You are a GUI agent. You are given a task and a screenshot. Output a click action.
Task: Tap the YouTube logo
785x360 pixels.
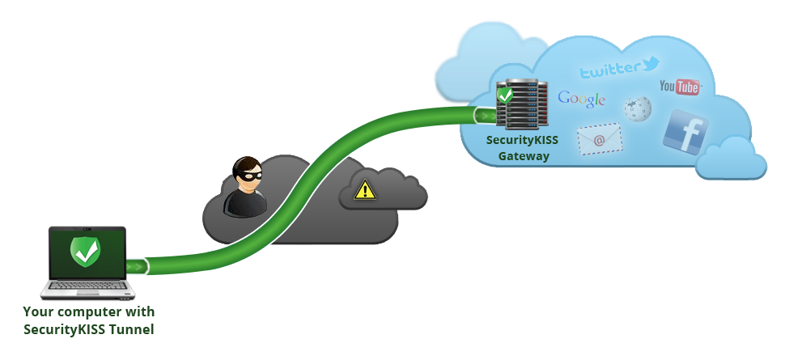pos(679,87)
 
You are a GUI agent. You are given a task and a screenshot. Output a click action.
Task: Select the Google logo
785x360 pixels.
pos(581,99)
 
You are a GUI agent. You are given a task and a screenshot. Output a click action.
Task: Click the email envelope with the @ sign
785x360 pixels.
pos(599,139)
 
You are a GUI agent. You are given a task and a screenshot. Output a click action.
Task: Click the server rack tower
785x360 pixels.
pos(523,105)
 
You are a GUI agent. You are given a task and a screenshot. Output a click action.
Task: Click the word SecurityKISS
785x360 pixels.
pos(522,140)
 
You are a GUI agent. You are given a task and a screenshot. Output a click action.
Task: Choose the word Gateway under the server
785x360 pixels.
pos(522,155)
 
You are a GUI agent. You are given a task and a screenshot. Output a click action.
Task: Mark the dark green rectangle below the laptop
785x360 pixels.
pos(88,321)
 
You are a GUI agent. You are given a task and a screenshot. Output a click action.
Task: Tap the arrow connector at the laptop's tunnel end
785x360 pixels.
pos(138,266)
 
